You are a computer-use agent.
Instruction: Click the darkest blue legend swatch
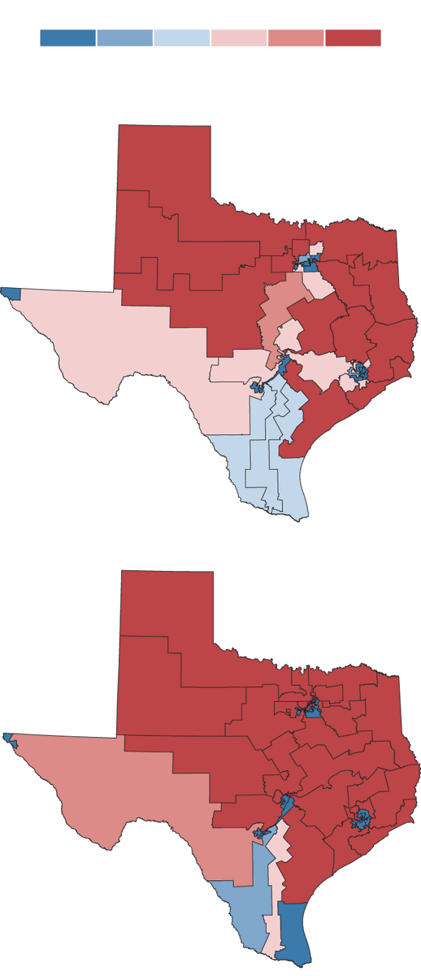coord(67,38)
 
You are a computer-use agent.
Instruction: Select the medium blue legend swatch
coord(124,38)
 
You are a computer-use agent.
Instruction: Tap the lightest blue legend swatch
coord(181,38)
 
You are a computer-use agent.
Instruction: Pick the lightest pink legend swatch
coord(238,38)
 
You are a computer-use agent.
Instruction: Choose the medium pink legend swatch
coord(295,38)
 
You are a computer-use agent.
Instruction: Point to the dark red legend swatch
coord(352,38)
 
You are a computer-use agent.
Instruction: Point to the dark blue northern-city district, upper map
coord(309,264)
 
